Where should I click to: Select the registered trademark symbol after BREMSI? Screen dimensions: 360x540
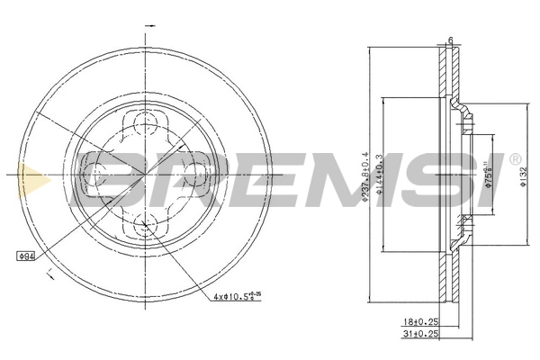tap(514, 160)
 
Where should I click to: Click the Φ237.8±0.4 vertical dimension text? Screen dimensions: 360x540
tap(364, 175)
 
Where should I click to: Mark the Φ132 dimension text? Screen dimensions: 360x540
tap(523, 176)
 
